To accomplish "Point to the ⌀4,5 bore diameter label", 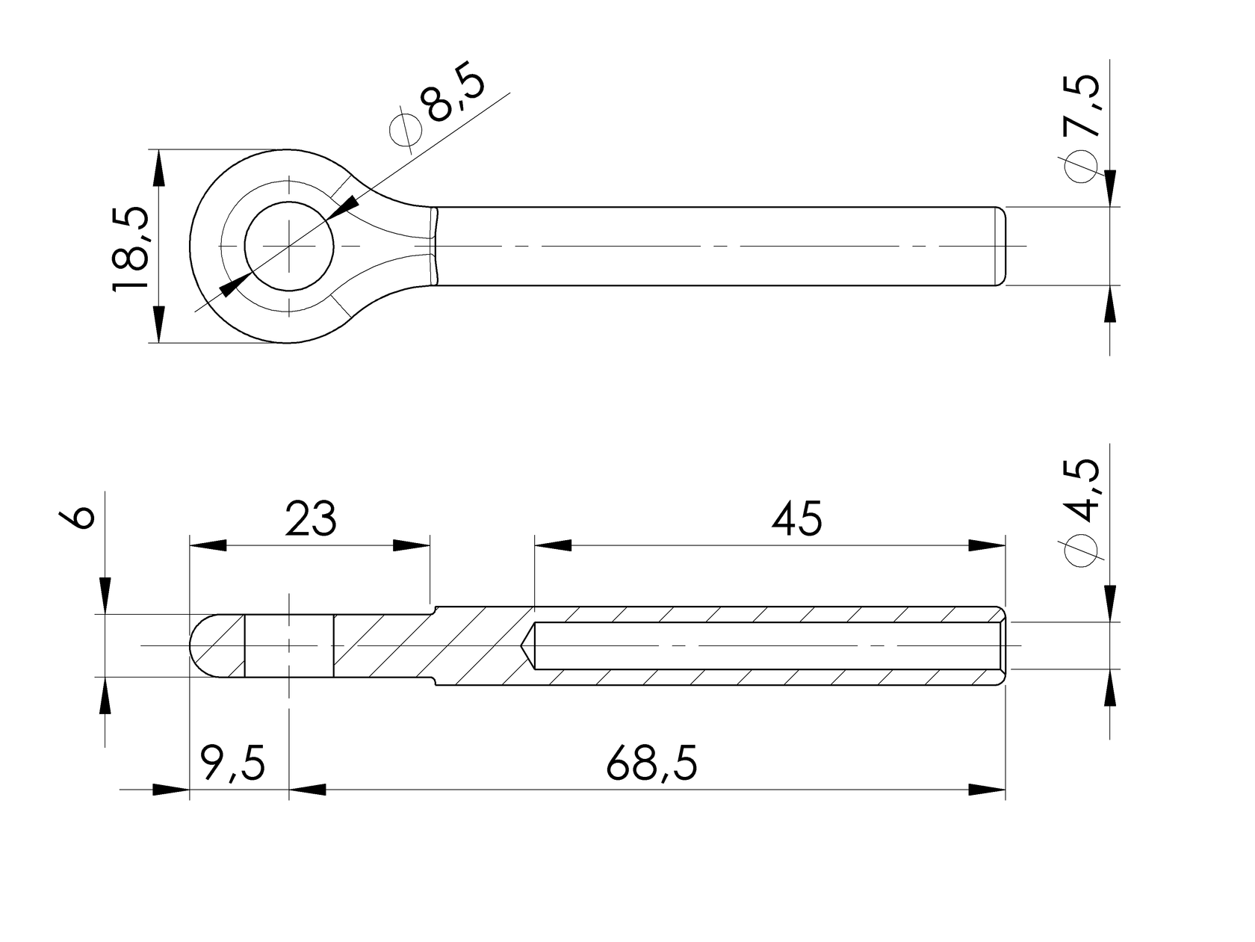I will (x=1082, y=512).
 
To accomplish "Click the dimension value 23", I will (x=311, y=518).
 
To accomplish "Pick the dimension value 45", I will (x=796, y=518).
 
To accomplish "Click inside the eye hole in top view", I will (x=289, y=246).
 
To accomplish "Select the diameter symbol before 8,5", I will (x=406, y=129).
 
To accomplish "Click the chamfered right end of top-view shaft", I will (x=1001, y=246).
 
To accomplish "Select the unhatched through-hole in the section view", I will (x=289, y=645).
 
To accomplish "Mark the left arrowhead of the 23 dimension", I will (x=208, y=545).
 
